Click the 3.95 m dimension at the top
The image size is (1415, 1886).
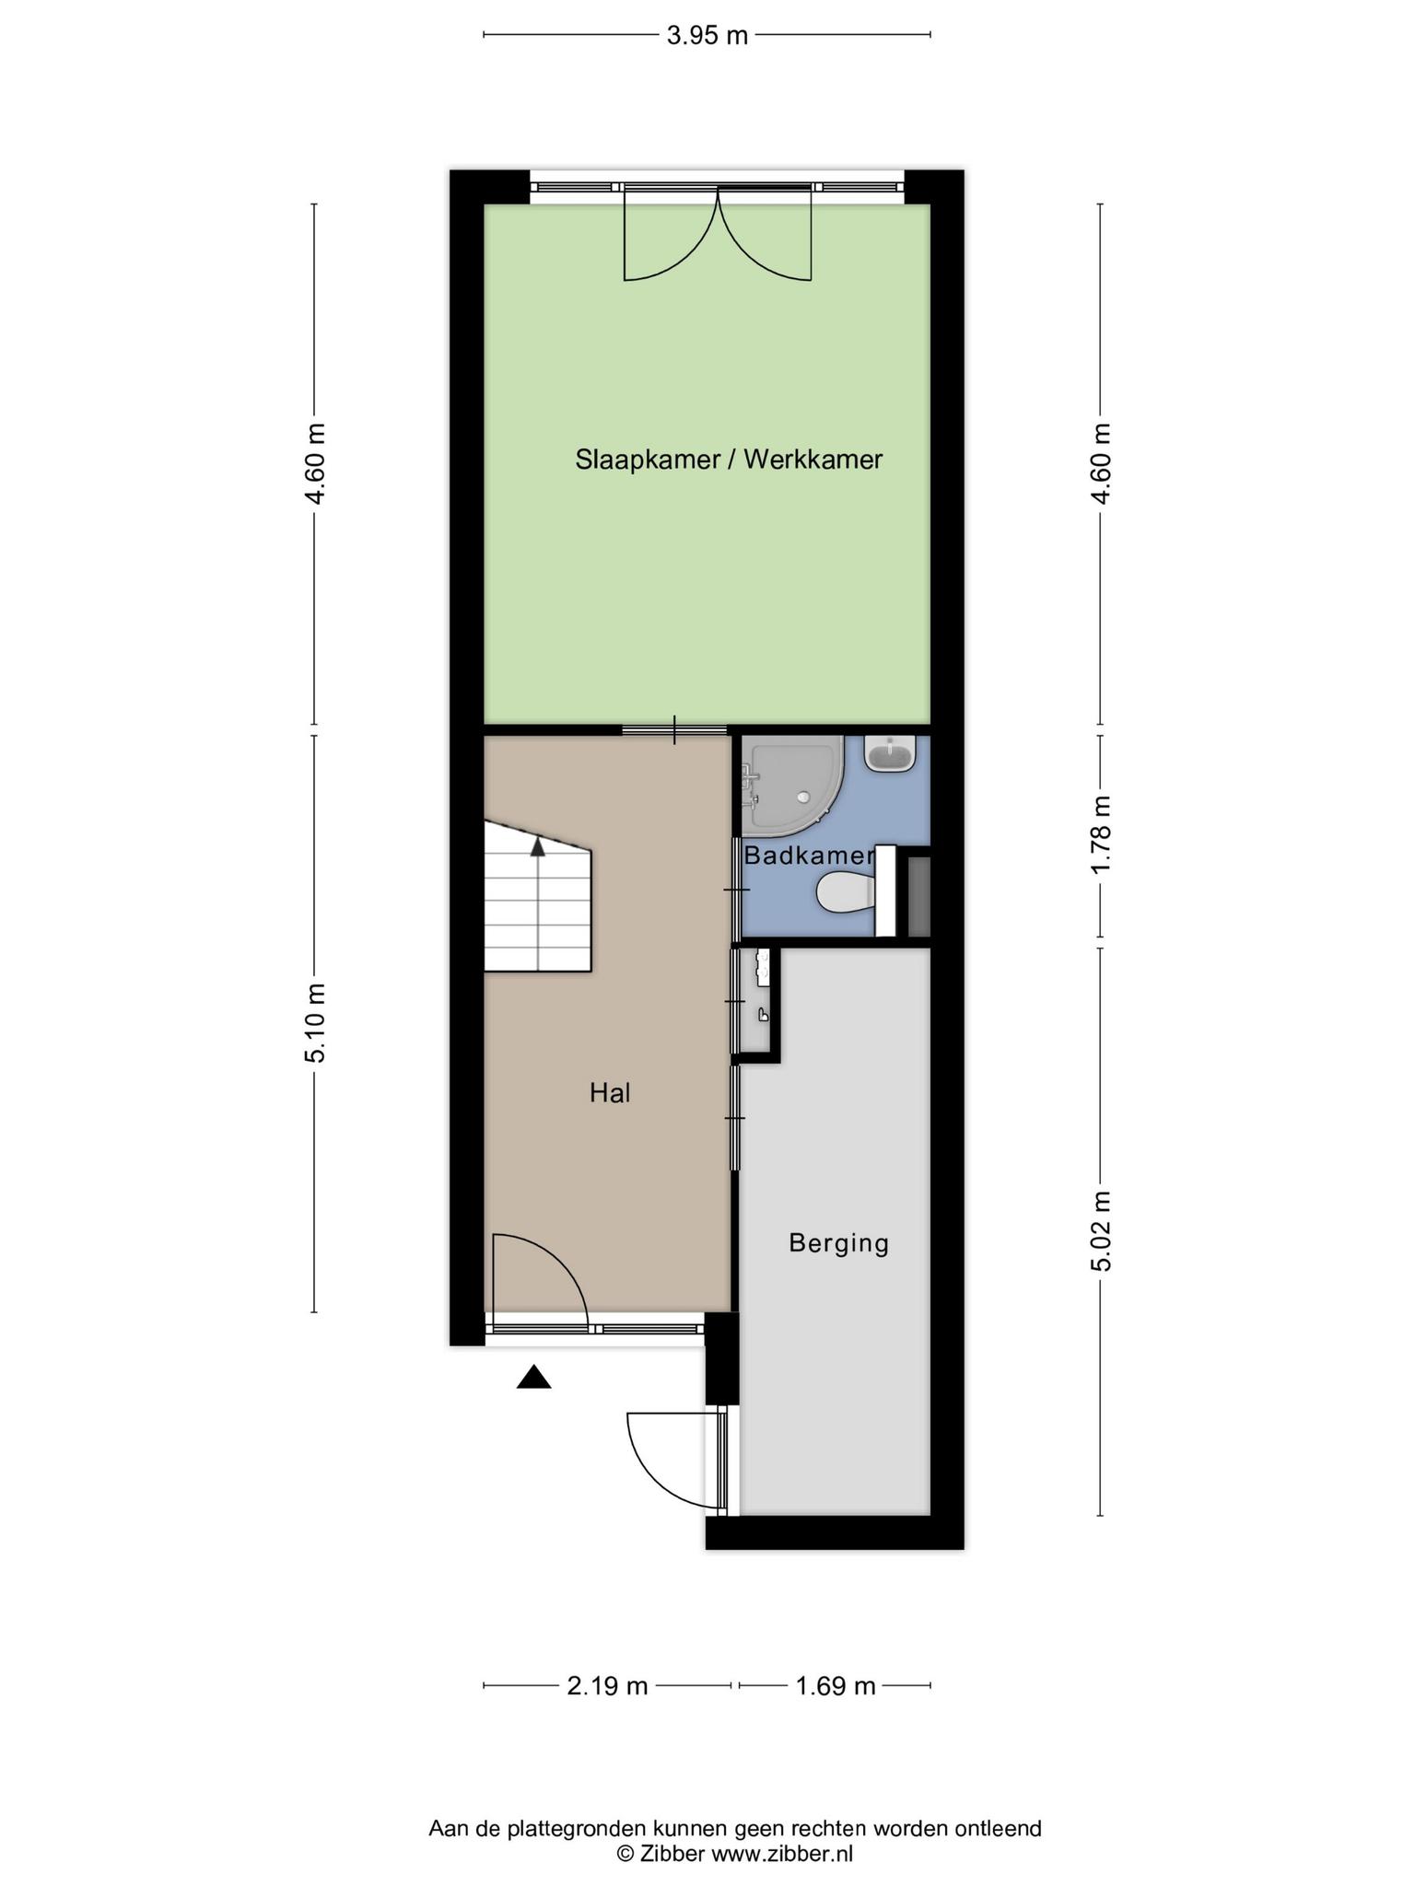tap(707, 36)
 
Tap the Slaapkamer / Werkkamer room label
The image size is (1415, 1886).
tap(729, 459)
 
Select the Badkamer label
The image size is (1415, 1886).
tap(808, 856)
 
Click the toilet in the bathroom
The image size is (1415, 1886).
tap(846, 892)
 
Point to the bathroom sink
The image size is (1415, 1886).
tap(889, 755)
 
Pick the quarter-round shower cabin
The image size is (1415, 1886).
tap(792, 781)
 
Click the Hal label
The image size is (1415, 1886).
tap(610, 1093)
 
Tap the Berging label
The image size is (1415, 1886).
tap(838, 1243)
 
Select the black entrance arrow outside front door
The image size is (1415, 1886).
tap(533, 1378)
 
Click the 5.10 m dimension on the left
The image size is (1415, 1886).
tap(315, 1023)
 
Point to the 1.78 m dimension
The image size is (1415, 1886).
tap(1101, 836)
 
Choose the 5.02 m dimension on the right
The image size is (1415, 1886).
tap(1101, 1231)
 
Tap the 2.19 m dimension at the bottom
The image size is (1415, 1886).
tap(607, 1686)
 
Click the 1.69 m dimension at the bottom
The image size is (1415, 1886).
tap(835, 1686)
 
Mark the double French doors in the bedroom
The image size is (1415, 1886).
tap(718, 235)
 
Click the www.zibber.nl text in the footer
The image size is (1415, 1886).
tap(782, 1854)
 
